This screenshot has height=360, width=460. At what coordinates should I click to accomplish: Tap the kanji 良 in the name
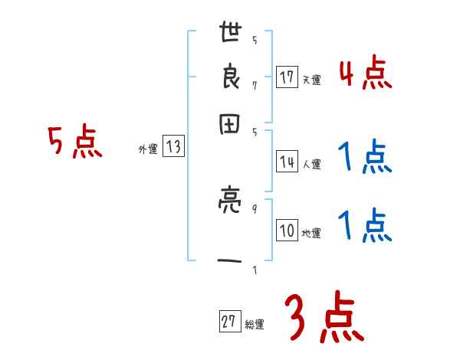tap(230, 79)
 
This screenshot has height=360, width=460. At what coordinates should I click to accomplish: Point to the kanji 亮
tap(230, 203)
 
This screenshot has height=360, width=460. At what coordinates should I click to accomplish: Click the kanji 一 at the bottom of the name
tap(230, 263)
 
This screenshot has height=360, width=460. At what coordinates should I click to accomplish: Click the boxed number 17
tap(287, 77)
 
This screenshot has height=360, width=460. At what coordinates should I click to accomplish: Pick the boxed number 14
tap(287, 162)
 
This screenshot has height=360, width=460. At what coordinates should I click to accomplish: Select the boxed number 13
tap(173, 148)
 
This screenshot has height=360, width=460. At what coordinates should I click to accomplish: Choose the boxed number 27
tap(228, 322)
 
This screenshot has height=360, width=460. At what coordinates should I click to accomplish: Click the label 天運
tap(310, 80)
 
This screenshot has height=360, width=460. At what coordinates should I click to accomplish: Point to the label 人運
tap(311, 164)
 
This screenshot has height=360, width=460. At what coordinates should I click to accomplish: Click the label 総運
tap(254, 325)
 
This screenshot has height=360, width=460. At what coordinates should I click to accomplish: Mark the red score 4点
tap(365, 74)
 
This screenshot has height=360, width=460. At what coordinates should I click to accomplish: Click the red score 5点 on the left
tap(75, 142)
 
